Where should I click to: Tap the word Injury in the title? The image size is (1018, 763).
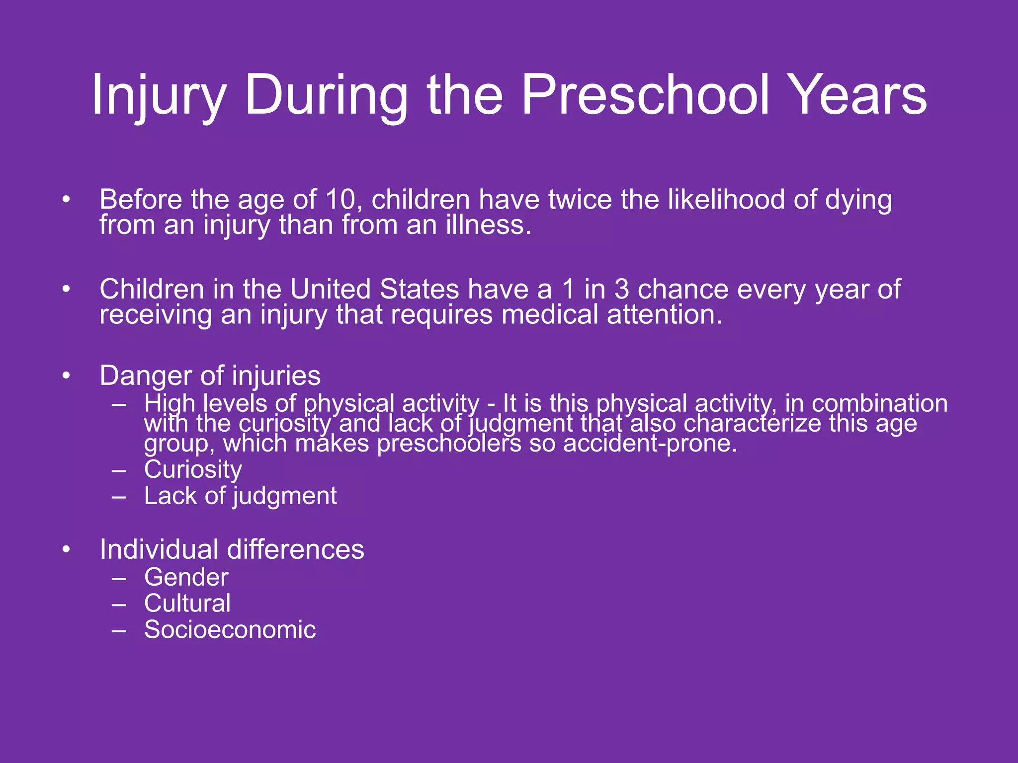tap(159, 94)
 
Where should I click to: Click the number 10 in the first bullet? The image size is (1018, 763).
tap(341, 200)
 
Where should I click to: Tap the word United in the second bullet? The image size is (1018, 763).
tap(330, 289)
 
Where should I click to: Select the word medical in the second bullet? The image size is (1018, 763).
tap(550, 315)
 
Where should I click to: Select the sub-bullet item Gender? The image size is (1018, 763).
tap(186, 577)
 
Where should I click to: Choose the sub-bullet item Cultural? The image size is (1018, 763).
tap(187, 604)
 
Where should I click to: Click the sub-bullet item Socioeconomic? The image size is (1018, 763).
tap(230, 630)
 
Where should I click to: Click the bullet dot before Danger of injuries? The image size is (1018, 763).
tap(66, 376)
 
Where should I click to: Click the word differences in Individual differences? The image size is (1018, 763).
tap(295, 550)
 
